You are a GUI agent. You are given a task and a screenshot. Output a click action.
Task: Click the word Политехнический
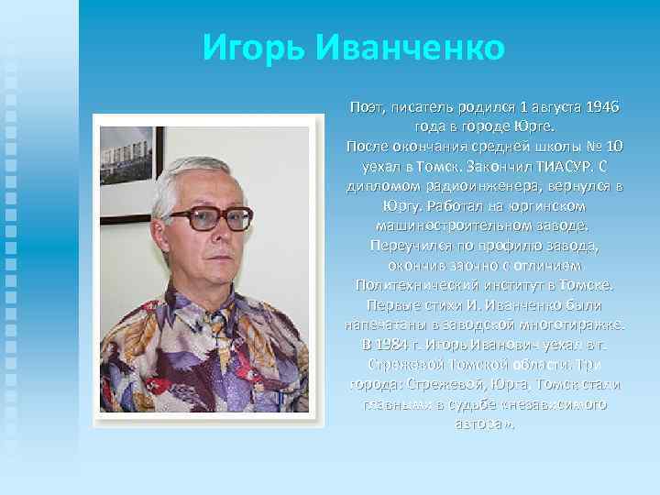tap(409, 286)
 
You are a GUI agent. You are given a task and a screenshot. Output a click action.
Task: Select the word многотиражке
tap(569, 325)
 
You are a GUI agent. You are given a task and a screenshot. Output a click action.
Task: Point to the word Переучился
tap(405, 246)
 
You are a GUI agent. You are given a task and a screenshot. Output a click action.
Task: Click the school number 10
tap(614, 147)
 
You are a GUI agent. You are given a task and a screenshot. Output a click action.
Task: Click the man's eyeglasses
tap(208, 217)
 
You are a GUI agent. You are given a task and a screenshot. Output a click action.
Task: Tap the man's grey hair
tap(202, 165)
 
